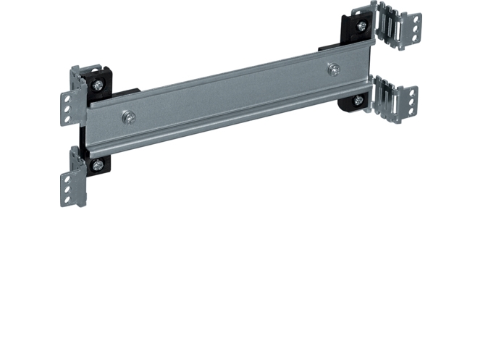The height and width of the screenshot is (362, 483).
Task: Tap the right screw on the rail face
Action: [x=334, y=69]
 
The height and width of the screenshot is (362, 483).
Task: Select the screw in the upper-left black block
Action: [x=97, y=85]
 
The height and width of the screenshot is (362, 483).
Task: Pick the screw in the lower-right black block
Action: [x=358, y=101]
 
